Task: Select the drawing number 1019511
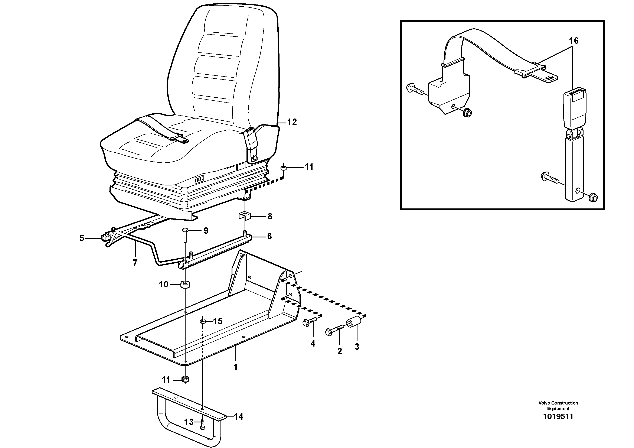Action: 558,416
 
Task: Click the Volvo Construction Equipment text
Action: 558,405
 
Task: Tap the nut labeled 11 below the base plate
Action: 186,379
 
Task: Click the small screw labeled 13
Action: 202,425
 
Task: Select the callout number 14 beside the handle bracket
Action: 239,416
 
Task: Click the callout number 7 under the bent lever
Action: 135,263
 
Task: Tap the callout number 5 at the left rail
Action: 82,238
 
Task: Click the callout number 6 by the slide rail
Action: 269,236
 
